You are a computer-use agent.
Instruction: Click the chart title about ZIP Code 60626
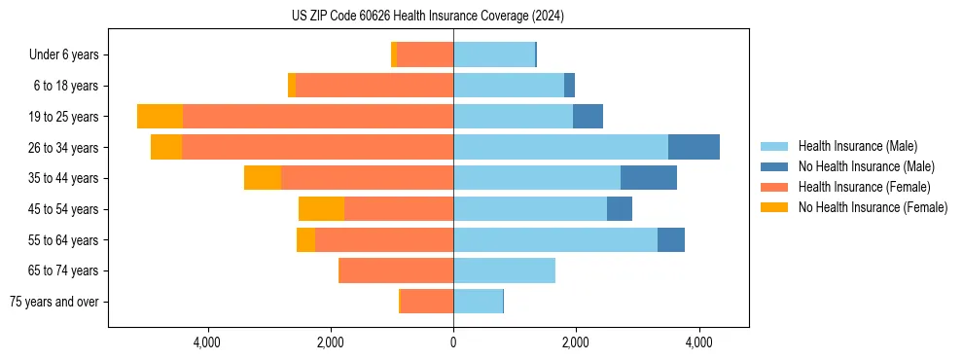[428, 17]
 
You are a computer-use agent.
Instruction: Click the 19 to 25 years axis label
[65, 117]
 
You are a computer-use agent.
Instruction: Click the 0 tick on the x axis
[453, 342]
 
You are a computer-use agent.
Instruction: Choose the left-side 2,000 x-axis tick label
[331, 342]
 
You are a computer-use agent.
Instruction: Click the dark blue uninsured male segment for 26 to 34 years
[694, 147]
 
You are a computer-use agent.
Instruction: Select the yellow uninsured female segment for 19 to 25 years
[160, 117]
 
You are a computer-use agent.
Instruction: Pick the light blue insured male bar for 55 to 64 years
[555, 239]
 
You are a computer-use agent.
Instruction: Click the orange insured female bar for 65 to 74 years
[396, 270]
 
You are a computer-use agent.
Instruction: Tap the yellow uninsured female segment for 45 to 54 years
[322, 209]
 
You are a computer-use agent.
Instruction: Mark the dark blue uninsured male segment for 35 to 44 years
[649, 178]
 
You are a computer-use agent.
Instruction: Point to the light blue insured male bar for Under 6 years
[494, 55]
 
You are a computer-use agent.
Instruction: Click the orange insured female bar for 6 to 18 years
[374, 86]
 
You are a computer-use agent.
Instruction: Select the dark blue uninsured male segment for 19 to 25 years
[588, 117]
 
